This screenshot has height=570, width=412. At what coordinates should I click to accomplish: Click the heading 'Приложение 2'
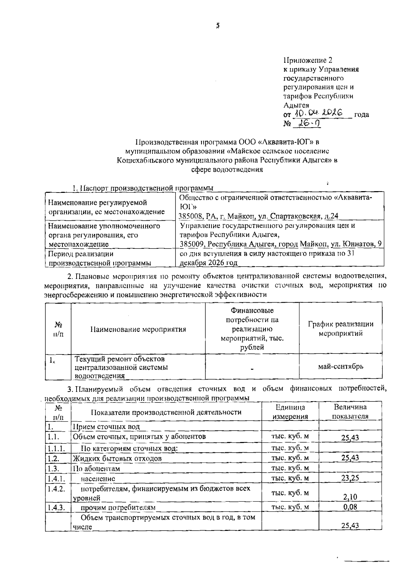pyautogui.click(x=308, y=60)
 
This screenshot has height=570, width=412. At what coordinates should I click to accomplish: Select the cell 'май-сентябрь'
pyautogui.click(x=341, y=366)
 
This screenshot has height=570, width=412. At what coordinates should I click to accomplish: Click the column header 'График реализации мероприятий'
pyautogui.click(x=341, y=328)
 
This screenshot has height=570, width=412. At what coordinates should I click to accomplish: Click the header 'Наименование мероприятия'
pyautogui.click(x=138, y=329)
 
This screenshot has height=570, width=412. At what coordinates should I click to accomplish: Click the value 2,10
pyautogui.click(x=350, y=497)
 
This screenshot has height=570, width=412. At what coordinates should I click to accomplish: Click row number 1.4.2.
pyautogui.click(x=56, y=489)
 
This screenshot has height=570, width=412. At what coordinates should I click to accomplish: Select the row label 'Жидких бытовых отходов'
pyautogui.click(x=117, y=458)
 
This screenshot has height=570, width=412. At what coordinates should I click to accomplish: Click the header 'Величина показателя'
pyautogui.click(x=350, y=411)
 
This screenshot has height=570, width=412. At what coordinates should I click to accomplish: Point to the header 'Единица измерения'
pyautogui.click(x=290, y=411)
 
